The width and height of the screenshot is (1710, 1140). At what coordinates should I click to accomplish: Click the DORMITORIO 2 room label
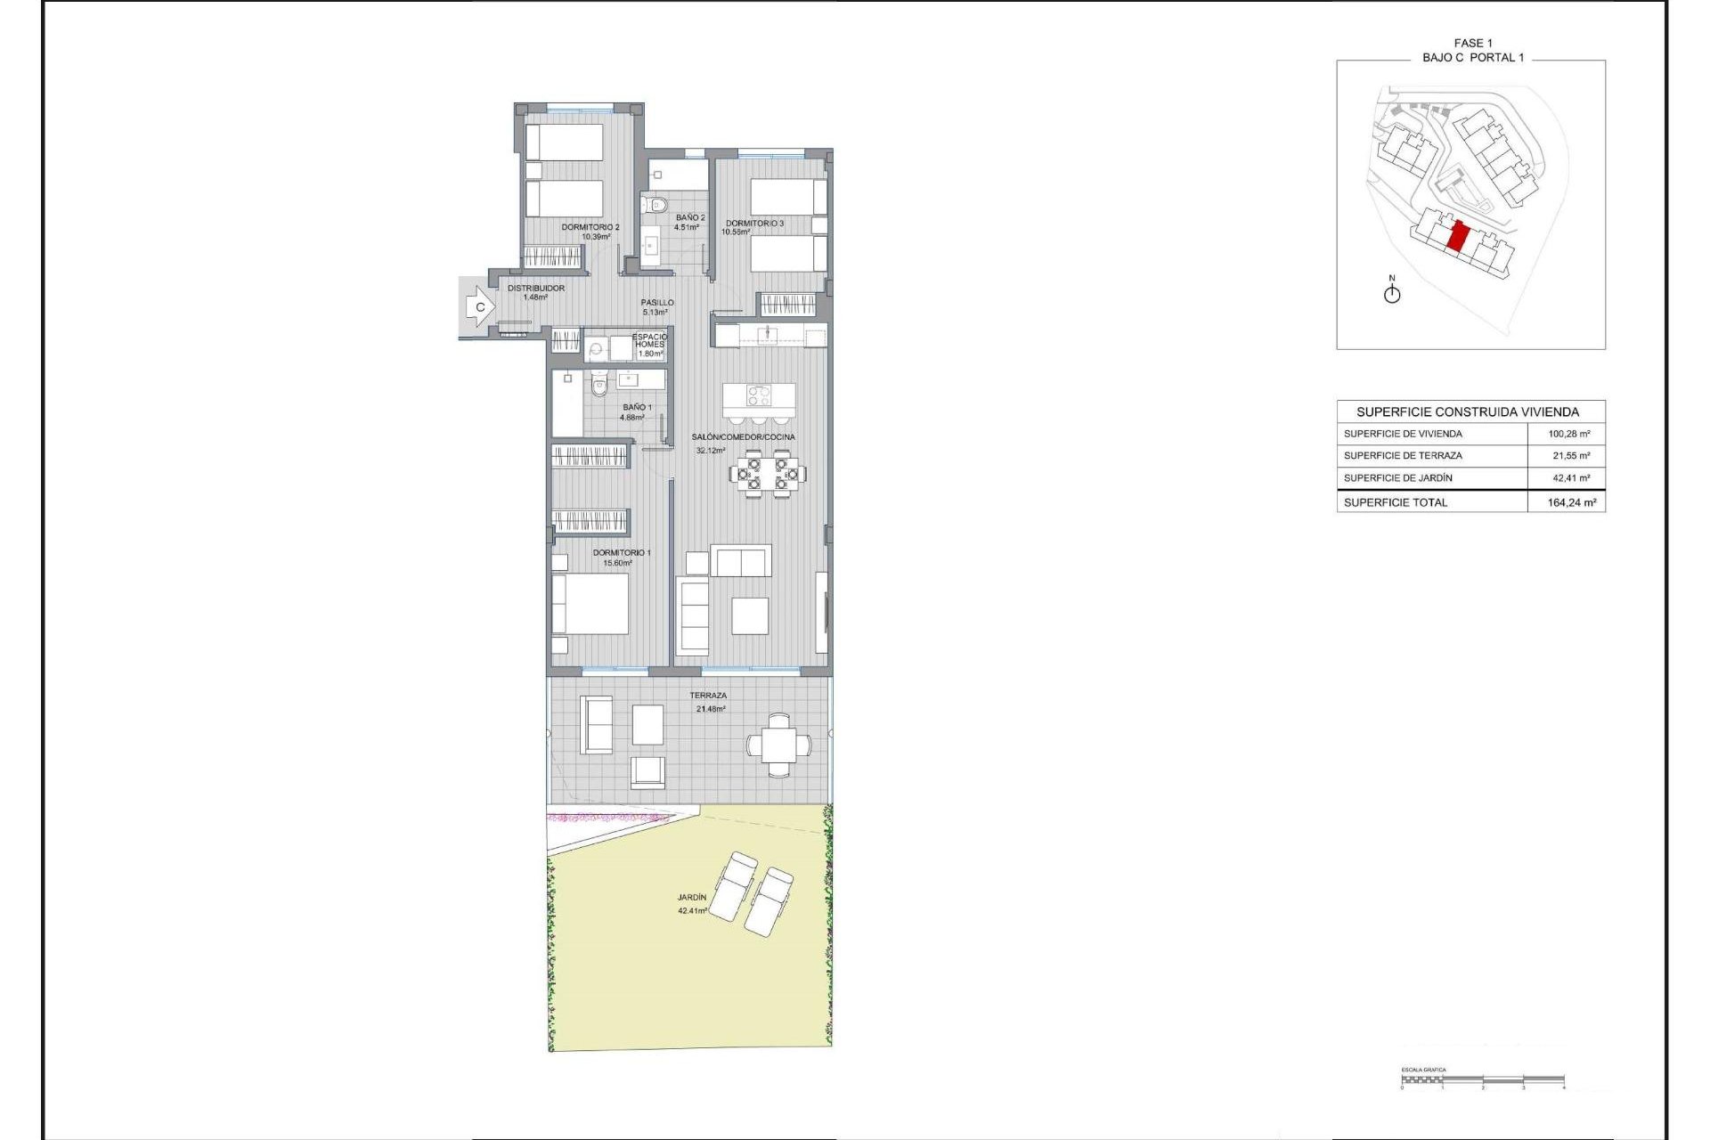(590, 228)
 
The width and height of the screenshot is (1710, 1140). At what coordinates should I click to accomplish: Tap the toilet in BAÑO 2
(656, 206)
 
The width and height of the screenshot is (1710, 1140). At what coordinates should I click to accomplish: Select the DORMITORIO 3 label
(754, 224)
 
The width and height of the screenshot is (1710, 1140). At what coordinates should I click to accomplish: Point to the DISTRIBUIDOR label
(536, 289)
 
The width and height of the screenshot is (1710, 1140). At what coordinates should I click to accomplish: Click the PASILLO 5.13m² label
(657, 307)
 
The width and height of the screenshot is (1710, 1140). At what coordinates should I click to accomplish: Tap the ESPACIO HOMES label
(650, 341)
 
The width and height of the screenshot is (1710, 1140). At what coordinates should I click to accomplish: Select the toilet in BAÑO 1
(599, 386)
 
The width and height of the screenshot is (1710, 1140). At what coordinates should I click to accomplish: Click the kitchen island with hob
(759, 395)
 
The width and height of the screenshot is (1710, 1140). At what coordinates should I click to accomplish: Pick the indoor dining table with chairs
(768, 473)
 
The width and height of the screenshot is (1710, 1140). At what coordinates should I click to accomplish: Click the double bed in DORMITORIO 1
(590, 604)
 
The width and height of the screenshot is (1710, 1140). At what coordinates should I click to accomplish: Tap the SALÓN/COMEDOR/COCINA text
(744, 437)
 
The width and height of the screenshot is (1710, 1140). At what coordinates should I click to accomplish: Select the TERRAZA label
(708, 696)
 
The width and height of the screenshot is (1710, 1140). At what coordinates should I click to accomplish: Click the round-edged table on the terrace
(779, 745)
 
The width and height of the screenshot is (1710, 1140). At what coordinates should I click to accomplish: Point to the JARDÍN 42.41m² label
(692, 904)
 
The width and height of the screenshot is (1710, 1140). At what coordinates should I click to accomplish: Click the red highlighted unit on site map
(1458, 237)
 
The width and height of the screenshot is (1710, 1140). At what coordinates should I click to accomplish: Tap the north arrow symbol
(1392, 292)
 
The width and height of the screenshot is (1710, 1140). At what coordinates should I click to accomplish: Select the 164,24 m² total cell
(1571, 502)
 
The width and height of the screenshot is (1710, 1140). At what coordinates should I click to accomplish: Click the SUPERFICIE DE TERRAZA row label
(1403, 456)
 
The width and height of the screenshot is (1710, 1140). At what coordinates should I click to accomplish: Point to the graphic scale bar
(1482, 1081)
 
